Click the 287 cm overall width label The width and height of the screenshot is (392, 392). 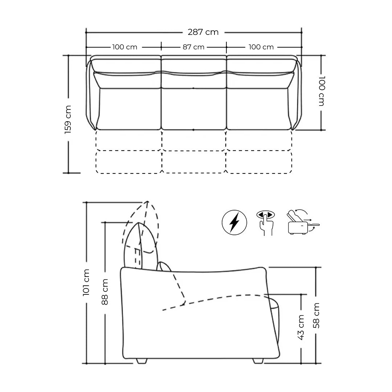tap(203, 32)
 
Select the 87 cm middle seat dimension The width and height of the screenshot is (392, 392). tap(193, 47)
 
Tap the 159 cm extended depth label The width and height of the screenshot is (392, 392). tap(68, 119)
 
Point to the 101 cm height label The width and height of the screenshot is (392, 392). tap(86, 282)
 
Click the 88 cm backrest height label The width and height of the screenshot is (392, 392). tap(105, 292)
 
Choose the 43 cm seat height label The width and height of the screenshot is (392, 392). tap(301, 327)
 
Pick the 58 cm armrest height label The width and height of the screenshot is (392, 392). tap(316, 315)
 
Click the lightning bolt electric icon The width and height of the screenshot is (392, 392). tap(234, 222)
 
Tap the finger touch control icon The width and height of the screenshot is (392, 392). tap(265, 222)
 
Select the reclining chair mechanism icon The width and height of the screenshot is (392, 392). tap(303, 222)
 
